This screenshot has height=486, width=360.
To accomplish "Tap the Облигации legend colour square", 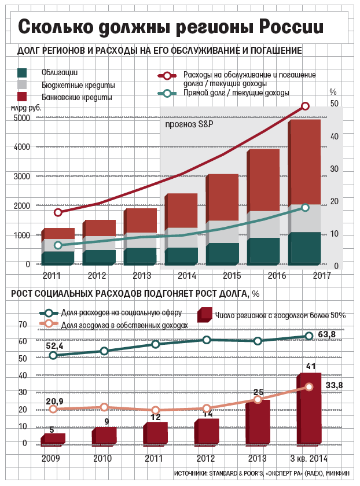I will [x=23, y=73].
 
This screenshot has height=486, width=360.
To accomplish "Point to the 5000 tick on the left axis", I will [x=21, y=118].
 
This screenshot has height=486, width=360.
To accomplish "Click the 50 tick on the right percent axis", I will [x=334, y=103].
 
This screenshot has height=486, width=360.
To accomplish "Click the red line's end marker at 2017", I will [x=306, y=106].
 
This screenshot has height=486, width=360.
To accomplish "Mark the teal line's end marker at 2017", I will [x=306, y=207].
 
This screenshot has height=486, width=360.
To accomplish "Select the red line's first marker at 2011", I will [x=58, y=212].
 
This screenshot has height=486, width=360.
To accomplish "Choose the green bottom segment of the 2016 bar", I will [x=263, y=251].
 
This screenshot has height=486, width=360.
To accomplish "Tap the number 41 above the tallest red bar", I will [x=311, y=367].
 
